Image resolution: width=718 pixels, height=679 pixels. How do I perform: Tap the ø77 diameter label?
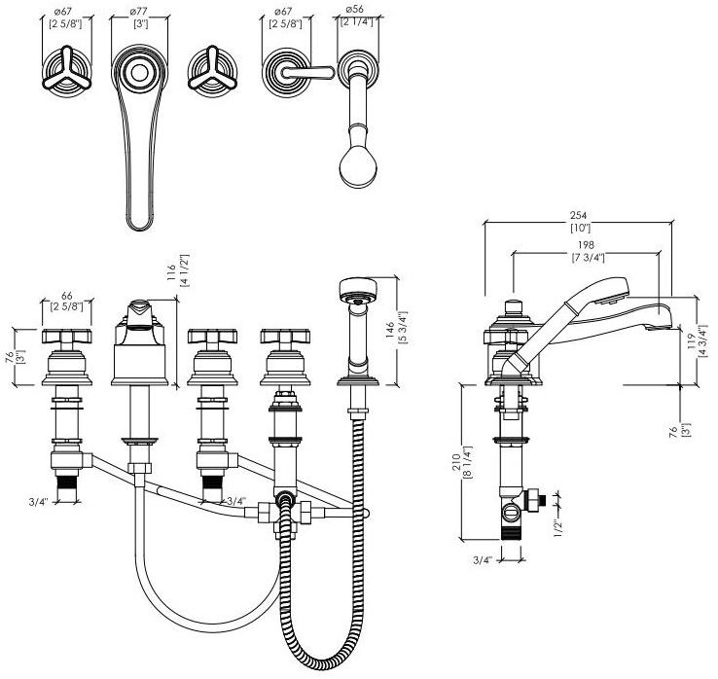(x=140, y=11)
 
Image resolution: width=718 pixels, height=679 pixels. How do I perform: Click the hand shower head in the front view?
(x=356, y=289)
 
